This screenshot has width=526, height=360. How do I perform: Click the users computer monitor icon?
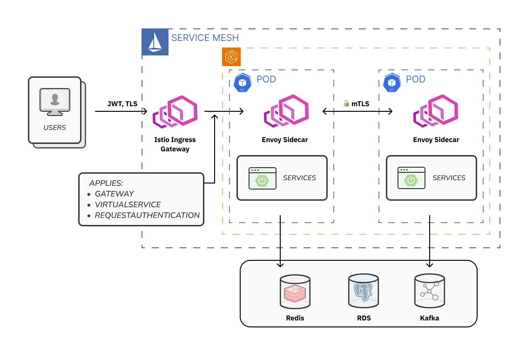point(55,102)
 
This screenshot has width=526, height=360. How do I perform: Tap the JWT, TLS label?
point(122,104)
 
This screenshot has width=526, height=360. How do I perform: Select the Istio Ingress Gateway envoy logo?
point(175,112)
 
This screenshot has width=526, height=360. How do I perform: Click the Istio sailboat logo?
point(155,42)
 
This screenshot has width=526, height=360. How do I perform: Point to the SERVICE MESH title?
point(205,38)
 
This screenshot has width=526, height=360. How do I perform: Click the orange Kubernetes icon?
point(231,57)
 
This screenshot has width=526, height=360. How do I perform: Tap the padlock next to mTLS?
point(346,103)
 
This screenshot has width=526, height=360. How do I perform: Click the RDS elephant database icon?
point(363,292)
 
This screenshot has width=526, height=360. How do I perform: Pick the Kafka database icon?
point(429,292)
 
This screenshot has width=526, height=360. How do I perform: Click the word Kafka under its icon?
point(429,318)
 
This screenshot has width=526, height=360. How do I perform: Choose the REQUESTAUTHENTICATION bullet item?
point(147,215)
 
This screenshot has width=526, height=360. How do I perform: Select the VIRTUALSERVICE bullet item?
point(128,204)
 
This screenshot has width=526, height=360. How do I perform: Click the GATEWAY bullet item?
point(115,194)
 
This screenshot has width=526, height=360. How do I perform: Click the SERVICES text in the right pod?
point(449,178)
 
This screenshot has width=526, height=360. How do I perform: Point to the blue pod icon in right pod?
point(392,82)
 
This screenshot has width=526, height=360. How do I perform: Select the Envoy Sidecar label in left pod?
point(285,140)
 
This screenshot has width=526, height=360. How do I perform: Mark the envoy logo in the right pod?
point(436,112)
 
